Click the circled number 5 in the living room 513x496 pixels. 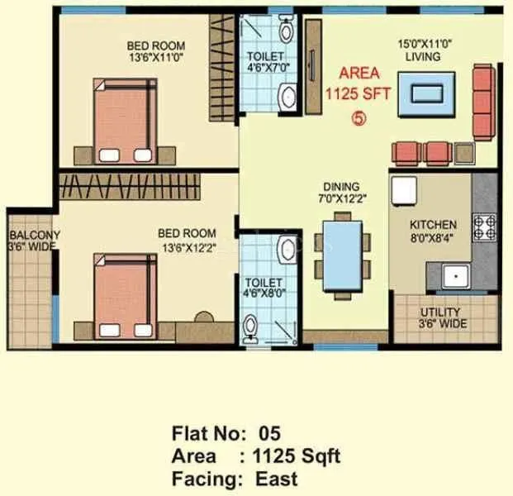coord(359,117)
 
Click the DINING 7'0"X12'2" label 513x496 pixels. coord(341,193)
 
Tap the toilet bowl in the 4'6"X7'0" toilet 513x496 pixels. coord(286,32)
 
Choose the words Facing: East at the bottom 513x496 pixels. coord(235,478)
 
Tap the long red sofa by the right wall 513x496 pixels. coord(482,102)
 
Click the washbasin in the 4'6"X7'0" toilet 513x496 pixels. coord(287,96)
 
